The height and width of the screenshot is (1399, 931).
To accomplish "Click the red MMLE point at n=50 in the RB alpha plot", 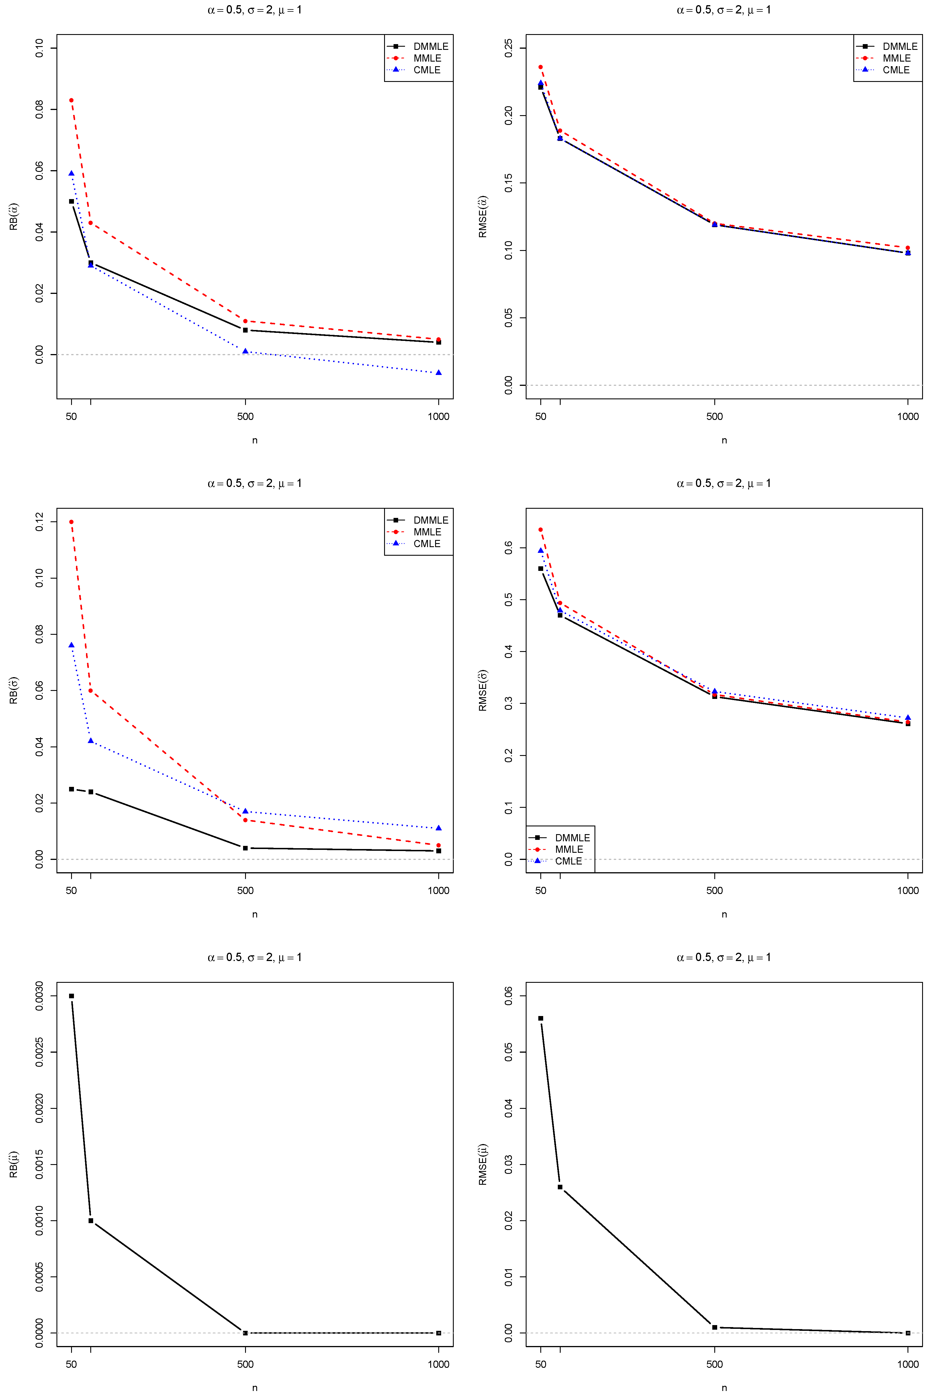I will point(71,100).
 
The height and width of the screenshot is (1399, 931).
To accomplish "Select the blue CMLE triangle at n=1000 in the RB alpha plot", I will point(439,373).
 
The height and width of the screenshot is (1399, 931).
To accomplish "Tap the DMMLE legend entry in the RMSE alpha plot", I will point(899,46).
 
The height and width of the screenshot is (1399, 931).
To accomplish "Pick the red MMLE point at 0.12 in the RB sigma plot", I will point(71,522).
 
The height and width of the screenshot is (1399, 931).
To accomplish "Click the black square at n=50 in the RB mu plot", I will point(71,996).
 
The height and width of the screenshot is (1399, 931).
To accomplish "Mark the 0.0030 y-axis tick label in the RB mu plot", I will point(39,996).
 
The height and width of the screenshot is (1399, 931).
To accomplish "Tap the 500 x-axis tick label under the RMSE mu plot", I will point(714,1364).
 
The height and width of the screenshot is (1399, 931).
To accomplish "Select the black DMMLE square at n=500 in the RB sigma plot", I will point(245,848).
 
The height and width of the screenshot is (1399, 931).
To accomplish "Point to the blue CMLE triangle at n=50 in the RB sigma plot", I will point(71,645).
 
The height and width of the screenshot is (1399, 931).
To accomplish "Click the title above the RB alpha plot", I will point(255,10).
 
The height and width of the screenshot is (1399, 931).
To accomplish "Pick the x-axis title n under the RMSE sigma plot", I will point(724,914).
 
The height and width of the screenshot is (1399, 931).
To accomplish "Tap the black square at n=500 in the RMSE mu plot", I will point(714,1327).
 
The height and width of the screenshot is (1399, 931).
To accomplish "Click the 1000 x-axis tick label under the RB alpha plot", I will point(439,416).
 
